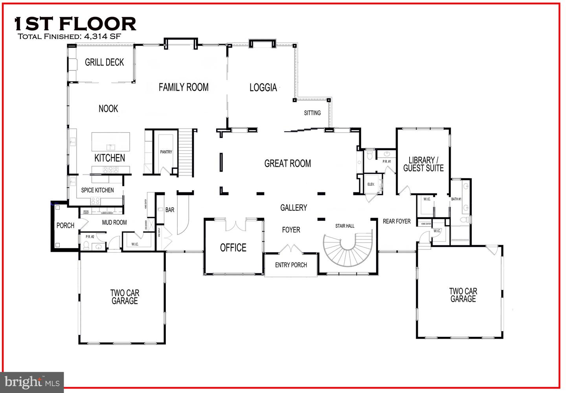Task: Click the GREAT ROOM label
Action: click(x=287, y=163)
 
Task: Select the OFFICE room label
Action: click(x=233, y=247)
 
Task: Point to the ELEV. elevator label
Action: click(x=371, y=185)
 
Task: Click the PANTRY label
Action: click(x=166, y=152)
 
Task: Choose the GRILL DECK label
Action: click(x=104, y=62)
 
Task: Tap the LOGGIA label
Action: click(x=263, y=87)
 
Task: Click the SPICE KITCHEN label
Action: click(x=97, y=190)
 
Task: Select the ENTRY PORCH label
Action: click(x=291, y=265)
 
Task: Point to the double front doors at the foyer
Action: click(x=291, y=249)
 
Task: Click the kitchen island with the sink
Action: click(x=111, y=142)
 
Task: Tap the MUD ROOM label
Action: click(x=114, y=222)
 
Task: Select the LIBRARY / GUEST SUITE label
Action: click(x=423, y=164)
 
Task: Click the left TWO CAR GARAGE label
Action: click(x=125, y=297)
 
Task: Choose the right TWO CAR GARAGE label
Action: click(x=463, y=295)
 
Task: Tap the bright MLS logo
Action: click(x=32, y=382)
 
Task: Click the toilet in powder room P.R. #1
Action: click(x=370, y=155)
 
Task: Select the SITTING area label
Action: click(x=312, y=113)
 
